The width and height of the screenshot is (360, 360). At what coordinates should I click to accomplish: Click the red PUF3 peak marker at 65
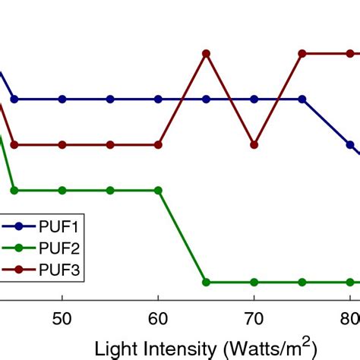[x=206, y=54]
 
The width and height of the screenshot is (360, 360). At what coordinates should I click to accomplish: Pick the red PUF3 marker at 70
[x=254, y=144]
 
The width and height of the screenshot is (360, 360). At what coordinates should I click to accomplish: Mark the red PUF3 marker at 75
[x=302, y=54]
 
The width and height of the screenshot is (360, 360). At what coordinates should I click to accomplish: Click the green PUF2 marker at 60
[x=159, y=190]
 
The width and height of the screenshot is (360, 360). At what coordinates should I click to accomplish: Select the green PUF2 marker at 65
[x=206, y=282]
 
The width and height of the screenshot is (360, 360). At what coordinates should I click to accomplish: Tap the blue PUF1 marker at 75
[x=302, y=99]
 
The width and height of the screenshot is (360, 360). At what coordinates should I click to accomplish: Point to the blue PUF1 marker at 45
[x=14, y=99]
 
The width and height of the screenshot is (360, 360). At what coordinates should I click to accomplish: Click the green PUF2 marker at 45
[x=14, y=190]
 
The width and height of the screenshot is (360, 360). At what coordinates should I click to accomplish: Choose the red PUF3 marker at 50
[x=63, y=144]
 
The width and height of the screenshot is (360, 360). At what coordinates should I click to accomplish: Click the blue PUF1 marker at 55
[x=111, y=99]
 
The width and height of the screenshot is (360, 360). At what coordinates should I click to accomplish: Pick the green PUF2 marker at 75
[x=302, y=282]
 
